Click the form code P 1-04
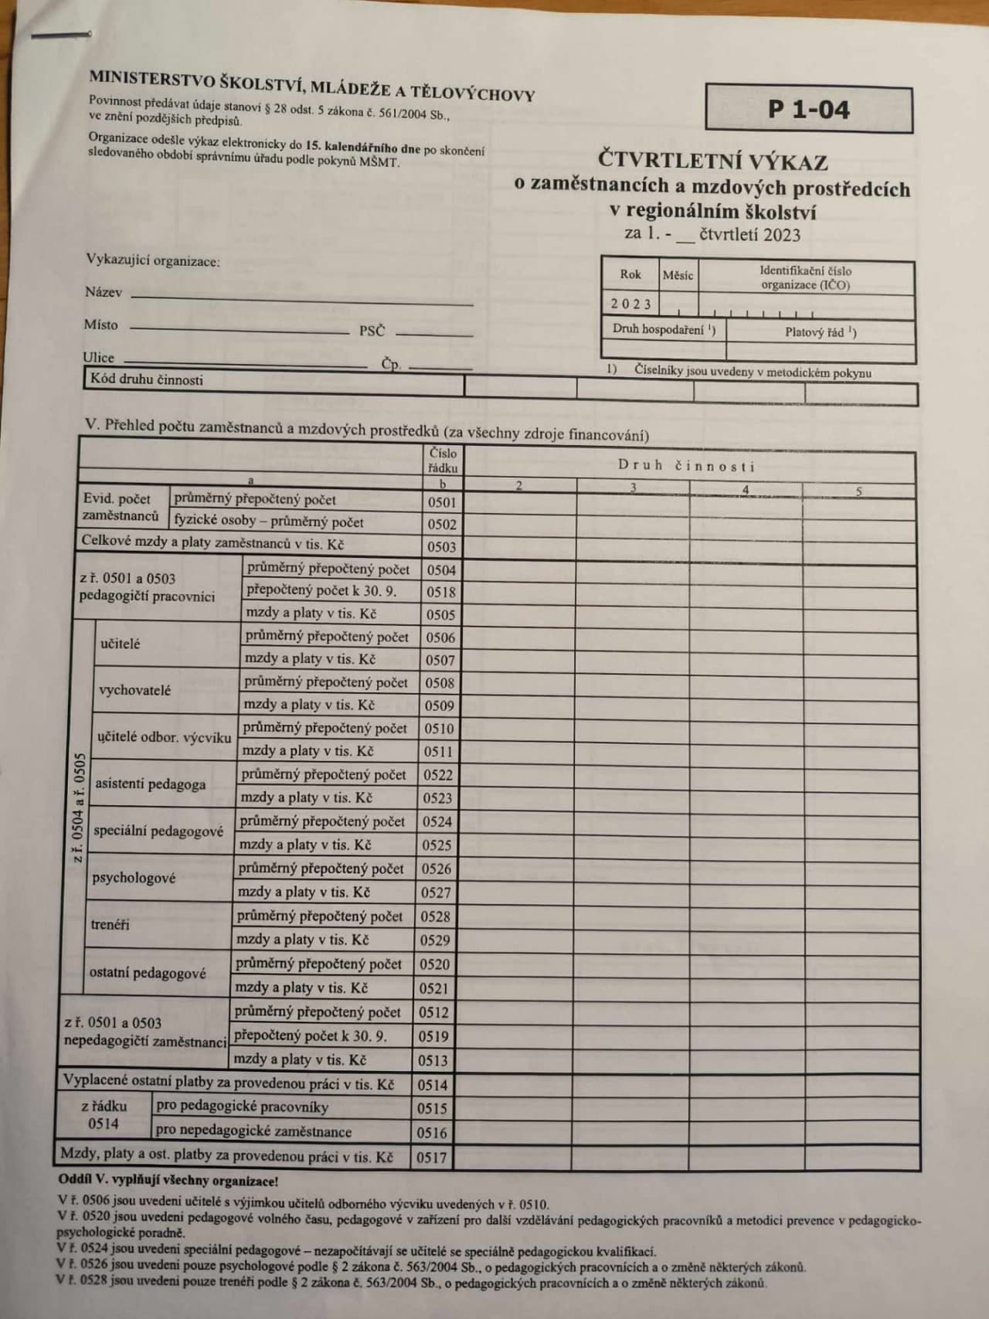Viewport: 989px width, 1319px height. pos(808,110)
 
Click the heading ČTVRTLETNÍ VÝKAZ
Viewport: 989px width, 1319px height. pos(712,162)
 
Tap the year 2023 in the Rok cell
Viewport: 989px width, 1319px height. pos(631,304)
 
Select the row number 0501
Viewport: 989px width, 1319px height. pos(442,502)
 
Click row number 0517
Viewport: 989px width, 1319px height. pos(432,1158)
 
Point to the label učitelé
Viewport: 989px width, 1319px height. pos(120,644)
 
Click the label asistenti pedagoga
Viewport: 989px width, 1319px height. pos(150,784)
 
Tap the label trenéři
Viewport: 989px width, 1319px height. pos(110,924)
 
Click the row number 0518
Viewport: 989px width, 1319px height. pos(441,593)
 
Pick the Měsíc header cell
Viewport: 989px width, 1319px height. pos(678,275)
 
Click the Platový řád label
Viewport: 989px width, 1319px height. pos(821,332)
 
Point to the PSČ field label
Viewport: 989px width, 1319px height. pos(372,331)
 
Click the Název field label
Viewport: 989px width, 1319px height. pos(103,292)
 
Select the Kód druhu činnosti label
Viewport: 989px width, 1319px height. pos(147,380)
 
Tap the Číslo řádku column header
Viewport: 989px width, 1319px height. pos(443,461)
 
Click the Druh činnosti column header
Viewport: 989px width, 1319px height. pos(686,466)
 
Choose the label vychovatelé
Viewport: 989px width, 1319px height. pos(134,690)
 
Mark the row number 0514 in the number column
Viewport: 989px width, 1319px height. pos(433,1085)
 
